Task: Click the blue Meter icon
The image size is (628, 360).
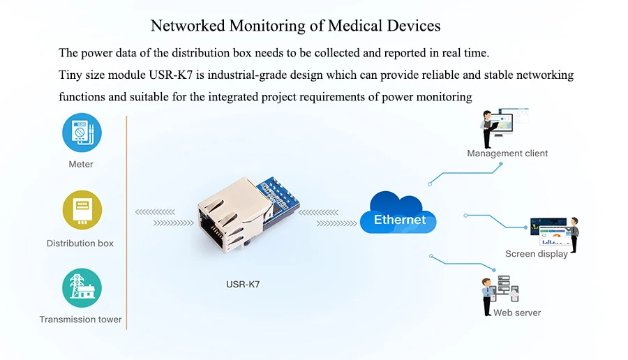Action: pos(82,133)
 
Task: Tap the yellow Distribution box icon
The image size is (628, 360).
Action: pos(82,210)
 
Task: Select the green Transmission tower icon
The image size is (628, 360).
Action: pos(82,288)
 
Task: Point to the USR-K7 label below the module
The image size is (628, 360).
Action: pos(243,285)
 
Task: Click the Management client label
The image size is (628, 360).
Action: pos(507,153)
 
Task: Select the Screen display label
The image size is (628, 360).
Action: pos(537,254)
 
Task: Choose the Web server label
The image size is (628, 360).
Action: pos(517,313)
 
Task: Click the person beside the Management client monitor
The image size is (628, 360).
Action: pos(487,129)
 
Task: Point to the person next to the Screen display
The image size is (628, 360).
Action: pos(574,234)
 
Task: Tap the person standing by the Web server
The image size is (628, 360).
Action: pos(487,297)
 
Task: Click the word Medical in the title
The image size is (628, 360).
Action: pos(355,26)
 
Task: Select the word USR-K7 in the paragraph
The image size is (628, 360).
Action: pos(171,75)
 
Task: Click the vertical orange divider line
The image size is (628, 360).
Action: pos(126,223)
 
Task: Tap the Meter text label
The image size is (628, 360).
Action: pos(80,164)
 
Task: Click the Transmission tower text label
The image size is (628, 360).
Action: pos(80,320)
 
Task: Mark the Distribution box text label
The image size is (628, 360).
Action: pos(80,243)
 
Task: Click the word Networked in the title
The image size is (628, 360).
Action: pos(188,26)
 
